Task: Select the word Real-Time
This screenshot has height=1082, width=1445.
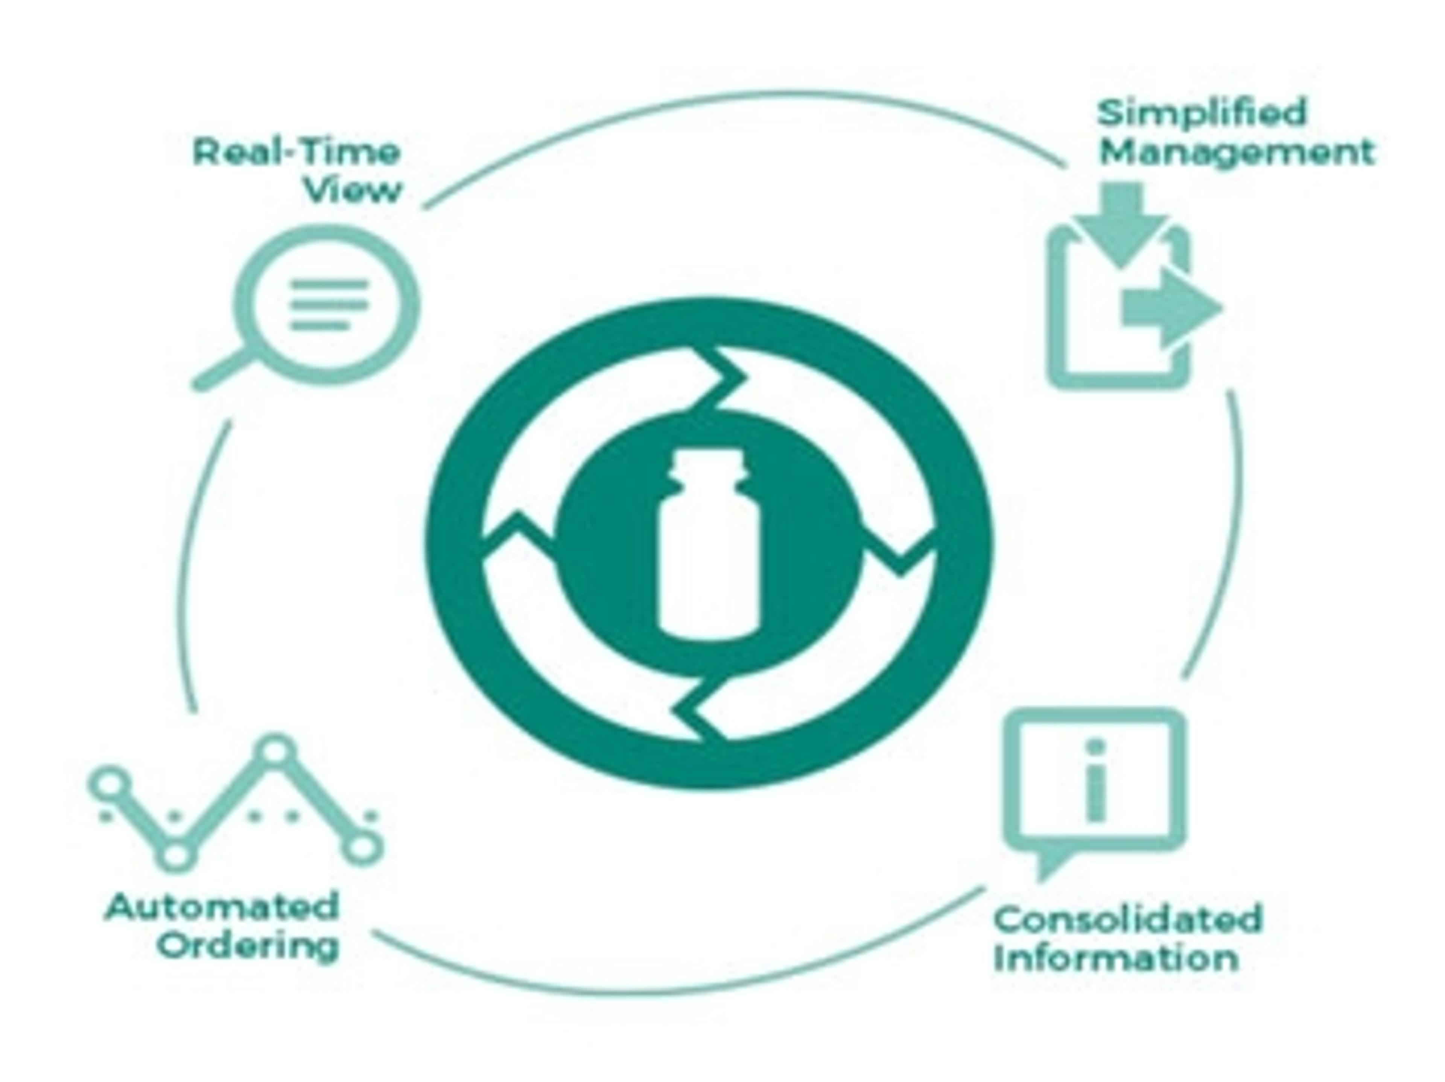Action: (296, 153)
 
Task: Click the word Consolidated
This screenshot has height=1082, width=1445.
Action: (1127, 919)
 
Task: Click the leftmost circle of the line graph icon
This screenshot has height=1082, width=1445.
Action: (110, 784)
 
